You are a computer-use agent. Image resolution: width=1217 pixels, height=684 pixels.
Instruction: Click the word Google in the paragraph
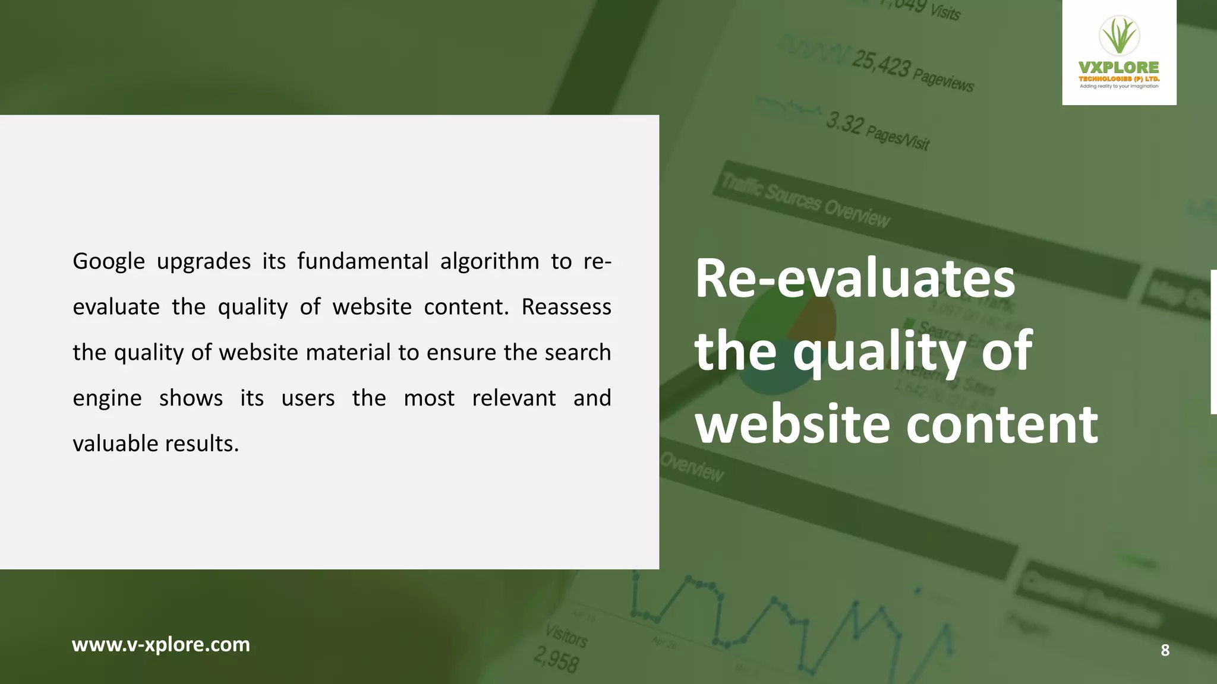109,262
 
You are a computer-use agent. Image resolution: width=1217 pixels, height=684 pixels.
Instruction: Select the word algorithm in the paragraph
490,262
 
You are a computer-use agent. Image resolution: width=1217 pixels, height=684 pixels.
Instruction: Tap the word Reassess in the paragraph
566,307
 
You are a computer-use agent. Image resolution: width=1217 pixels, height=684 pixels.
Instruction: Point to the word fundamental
362,261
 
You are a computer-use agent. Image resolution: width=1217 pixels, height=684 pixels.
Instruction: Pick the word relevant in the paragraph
514,398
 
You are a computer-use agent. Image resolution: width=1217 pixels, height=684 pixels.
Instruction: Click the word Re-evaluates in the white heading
855,278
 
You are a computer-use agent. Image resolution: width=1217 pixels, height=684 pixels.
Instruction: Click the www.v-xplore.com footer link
161,645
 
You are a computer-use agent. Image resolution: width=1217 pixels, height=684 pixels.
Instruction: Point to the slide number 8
1165,650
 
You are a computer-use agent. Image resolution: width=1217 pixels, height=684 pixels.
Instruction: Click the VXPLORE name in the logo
1119,68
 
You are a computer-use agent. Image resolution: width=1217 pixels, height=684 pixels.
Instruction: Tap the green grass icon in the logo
1119,36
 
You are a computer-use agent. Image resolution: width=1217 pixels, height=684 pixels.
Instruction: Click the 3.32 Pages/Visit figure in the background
877,131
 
